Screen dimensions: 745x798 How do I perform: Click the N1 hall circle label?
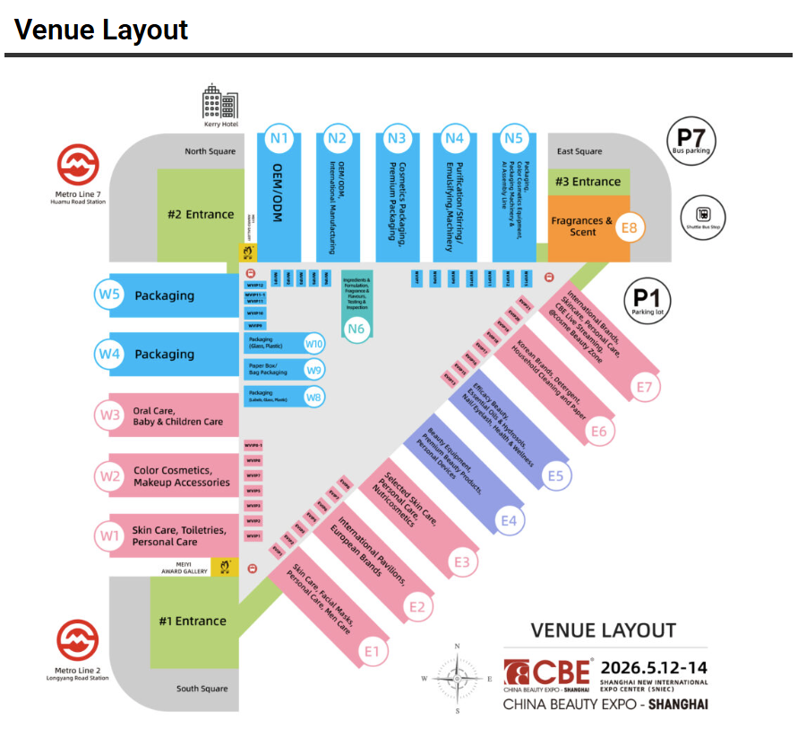pyautogui.click(x=279, y=138)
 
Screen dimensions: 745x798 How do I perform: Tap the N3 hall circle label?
pyautogui.click(x=396, y=138)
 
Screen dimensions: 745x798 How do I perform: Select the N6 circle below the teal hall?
pyautogui.click(x=356, y=329)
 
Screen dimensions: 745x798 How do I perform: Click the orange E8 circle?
pyautogui.click(x=629, y=227)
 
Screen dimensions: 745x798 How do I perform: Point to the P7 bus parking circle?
pyautogui.click(x=691, y=141)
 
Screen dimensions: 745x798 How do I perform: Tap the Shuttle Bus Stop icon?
pyautogui.click(x=704, y=214)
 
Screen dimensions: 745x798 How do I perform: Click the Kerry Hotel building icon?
pyautogui.click(x=219, y=102)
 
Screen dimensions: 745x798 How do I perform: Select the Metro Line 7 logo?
pyautogui.click(x=79, y=167)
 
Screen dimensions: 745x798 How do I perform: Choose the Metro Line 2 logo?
pyautogui.click(x=79, y=641)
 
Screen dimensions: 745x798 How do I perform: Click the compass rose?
pyautogui.click(x=458, y=678)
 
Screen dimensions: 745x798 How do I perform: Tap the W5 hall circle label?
pyautogui.click(x=110, y=295)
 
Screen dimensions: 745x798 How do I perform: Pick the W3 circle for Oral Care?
pyautogui.click(x=110, y=415)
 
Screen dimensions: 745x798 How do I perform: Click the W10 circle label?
pyautogui.click(x=314, y=343)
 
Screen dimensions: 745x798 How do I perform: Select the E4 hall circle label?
pyautogui.click(x=509, y=520)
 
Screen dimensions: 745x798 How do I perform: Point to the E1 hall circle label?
pyautogui.click(x=373, y=651)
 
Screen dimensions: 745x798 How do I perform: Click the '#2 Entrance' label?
pyautogui.click(x=201, y=214)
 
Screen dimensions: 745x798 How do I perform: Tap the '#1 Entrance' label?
pyautogui.click(x=193, y=621)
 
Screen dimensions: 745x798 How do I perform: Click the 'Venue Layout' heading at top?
pyautogui.click(x=101, y=30)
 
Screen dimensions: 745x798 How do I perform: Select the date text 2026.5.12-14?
pyautogui.click(x=654, y=668)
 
